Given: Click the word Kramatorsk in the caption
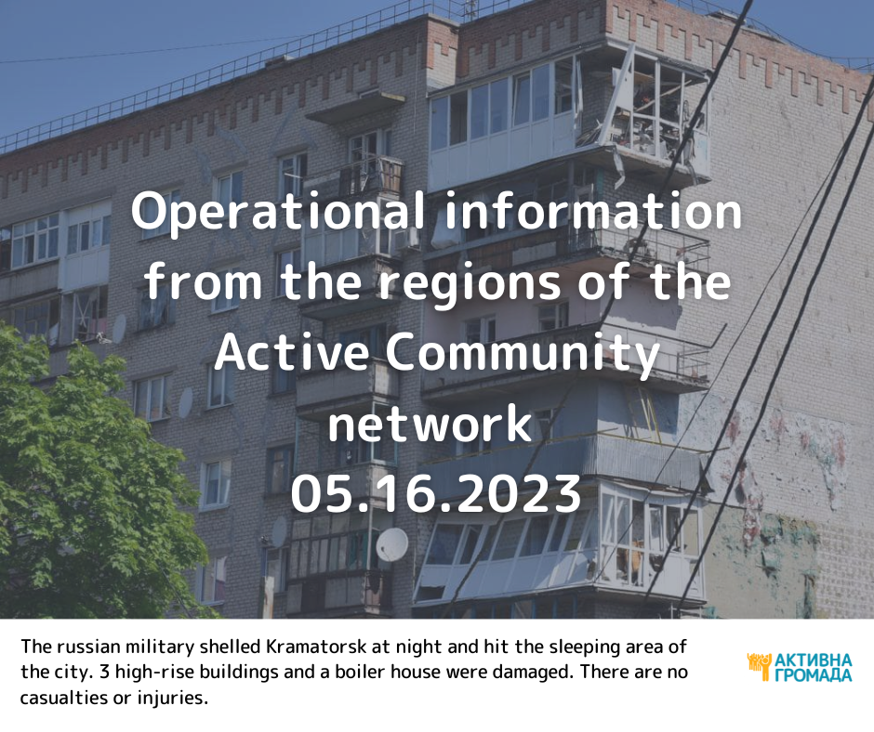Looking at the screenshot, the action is point(317,647).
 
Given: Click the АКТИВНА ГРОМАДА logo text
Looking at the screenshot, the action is point(814,667).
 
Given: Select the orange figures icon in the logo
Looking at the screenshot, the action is point(760,666).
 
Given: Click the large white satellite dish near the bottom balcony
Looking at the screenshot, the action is point(391,544).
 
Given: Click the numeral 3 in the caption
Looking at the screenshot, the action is point(104,672).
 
